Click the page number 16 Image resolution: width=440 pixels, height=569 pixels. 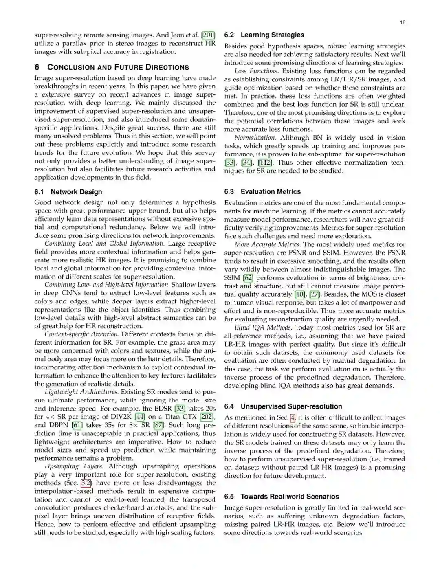pyautogui.click(x=403, y=22)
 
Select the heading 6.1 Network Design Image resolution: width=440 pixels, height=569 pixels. pyautogui.click(x=68, y=192)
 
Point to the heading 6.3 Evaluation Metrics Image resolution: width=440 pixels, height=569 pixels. pyautogui.click(x=262, y=191)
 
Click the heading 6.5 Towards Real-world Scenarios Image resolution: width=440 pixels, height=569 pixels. pyautogui.click(x=282, y=496)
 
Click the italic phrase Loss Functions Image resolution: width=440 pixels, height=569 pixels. pyautogui.click(x=256, y=71)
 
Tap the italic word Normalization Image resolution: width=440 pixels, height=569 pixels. pyautogui.click(x=255, y=138)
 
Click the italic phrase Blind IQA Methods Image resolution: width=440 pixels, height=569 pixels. pyautogui.click(x=263, y=327)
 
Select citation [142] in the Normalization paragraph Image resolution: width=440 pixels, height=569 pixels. pyautogui.click(x=266, y=163)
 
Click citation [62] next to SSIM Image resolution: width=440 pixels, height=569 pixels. pyautogui.click(x=248, y=278)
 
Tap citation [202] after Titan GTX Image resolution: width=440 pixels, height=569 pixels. pyautogui.click(x=207, y=417)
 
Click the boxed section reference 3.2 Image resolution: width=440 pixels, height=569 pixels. pyautogui.click(x=86, y=483)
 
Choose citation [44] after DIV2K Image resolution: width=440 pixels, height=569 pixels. pyautogui.click(x=140, y=417)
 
